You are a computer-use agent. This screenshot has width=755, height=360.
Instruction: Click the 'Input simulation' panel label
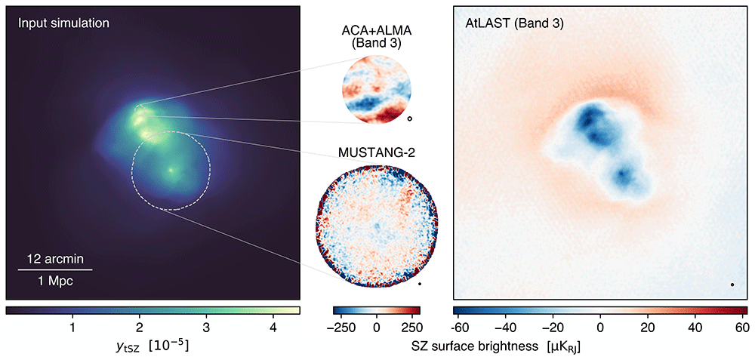(63, 23)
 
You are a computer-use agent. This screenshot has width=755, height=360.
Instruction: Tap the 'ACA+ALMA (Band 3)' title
(375, 37)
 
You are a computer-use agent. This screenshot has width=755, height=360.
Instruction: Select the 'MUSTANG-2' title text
(377, 154)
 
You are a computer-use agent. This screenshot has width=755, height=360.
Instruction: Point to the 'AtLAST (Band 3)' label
(513, 23)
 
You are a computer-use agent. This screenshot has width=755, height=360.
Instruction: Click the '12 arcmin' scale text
(54, 260)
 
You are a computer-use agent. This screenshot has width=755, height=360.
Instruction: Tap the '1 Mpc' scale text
(55, 282)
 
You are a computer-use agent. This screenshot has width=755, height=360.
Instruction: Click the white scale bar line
(55, 270)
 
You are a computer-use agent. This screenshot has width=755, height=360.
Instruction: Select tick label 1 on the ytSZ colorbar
(72, 329)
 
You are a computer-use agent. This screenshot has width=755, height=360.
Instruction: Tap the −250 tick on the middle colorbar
(349, 329)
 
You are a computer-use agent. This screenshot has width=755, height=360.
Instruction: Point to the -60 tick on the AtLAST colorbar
(461, 329)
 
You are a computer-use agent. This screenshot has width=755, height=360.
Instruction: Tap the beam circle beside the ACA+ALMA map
(410, 118)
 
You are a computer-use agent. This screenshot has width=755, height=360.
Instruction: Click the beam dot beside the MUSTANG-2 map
(420, 284)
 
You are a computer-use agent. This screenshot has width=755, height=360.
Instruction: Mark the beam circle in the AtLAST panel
(732, 285)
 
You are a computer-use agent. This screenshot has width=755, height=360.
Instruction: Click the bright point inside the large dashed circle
(171, 170)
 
